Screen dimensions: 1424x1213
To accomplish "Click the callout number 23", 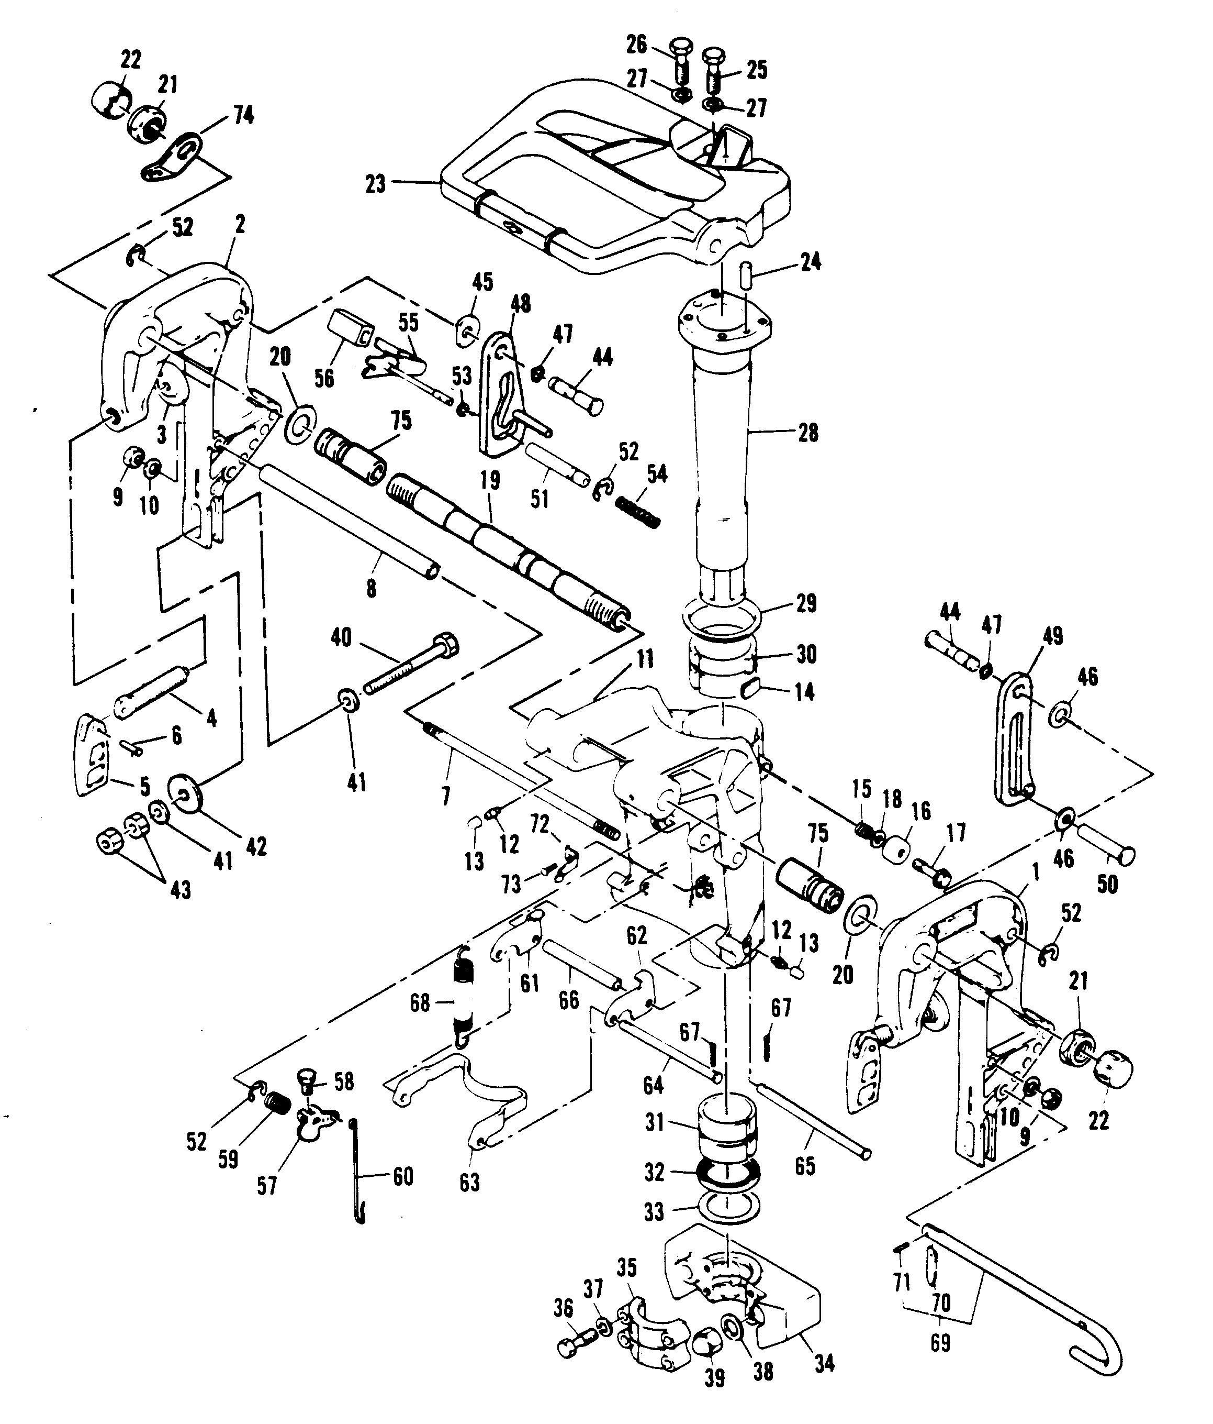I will pos(375,185).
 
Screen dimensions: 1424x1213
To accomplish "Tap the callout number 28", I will pos(808,433).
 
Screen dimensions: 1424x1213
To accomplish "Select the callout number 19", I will pos(490,480).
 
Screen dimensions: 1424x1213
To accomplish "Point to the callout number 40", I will pos(341,638).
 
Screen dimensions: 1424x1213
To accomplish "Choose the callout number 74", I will pos(243,115).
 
